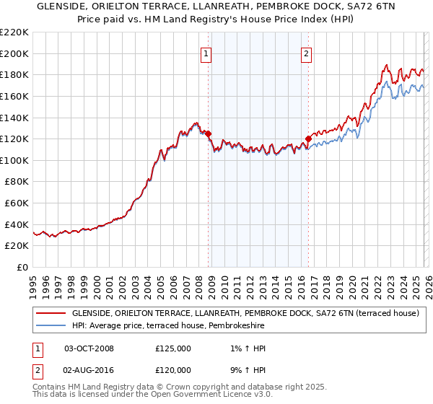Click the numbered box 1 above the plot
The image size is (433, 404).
(x=206, y=53)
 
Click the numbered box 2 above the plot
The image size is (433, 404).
(x=307, y=53)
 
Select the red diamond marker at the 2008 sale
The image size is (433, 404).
(x=208, y=133)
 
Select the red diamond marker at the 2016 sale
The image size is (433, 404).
(x=308, y=139)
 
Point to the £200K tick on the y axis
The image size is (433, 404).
(x=15, y=53)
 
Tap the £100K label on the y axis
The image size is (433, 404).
(x=15, y=160)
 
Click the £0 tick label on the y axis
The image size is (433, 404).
(x=22, y=267)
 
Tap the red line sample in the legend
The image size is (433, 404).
(x=51, y=314)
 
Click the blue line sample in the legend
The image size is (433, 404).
(x=51, y=326)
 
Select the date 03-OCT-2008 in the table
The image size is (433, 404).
(x=89, y=348)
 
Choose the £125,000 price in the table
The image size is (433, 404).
(x=173, y=348)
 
